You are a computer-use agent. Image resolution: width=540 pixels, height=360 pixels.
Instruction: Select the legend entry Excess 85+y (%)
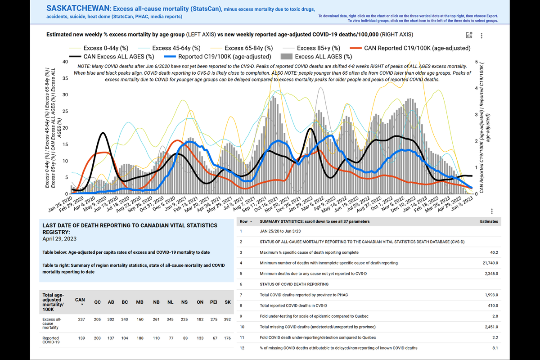tap(319, 48)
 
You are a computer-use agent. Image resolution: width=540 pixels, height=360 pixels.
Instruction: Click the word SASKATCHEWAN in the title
tap(78, 8)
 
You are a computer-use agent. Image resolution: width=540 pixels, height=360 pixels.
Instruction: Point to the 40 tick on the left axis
tap(65, 62)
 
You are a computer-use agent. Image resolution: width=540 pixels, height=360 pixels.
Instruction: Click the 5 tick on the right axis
tap(477, 62)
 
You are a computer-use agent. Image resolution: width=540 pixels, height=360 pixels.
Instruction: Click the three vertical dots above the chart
tap(482, 36)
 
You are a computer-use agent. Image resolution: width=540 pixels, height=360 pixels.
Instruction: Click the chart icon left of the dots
tap(469, 36)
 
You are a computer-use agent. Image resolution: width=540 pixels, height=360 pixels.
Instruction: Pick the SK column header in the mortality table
tap(227, 302)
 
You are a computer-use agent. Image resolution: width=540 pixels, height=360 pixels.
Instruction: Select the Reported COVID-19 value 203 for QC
tap(97, 338)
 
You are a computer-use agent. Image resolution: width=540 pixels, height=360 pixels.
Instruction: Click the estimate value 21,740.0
tap(489, 262)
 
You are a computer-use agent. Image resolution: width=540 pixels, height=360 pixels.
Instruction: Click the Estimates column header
tap(489, 221)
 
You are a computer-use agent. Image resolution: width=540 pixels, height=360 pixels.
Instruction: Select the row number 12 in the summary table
tap(242, 348)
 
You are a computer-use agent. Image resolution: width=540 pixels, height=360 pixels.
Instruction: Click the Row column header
tap(244, 221)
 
